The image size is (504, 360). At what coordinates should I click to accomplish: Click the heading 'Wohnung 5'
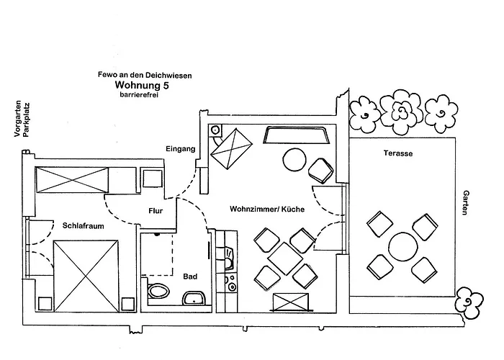(x=142, y=85)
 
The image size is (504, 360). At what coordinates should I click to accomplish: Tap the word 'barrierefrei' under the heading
(x=139, y=95)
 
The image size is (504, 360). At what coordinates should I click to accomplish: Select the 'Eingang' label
(x=180, y=149)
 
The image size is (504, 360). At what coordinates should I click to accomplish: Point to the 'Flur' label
(x=156, y=211)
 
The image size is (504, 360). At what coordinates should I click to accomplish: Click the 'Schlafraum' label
(x=84, y=226)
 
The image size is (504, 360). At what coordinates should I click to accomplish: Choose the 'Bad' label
(x=190, y=276)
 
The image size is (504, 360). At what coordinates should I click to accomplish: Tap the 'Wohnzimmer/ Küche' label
(x=267, y=210)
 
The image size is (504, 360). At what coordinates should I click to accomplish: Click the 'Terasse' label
(x=398, y=153)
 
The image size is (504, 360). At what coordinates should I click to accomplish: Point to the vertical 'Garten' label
(x=465, y=202)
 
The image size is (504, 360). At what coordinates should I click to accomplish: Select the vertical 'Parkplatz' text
(x=27, y=120)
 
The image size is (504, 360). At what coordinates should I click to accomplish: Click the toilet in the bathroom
(x=159, y=291)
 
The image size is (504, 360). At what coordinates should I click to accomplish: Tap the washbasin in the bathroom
(x=194, y=299)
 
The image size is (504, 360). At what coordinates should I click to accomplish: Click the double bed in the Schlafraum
(x=86, y=276)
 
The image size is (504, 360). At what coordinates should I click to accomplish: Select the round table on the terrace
(x=403, y=247)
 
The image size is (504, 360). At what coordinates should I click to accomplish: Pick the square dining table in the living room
(x=285, y=258)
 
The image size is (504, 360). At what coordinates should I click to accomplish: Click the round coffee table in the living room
(x=294, y=160)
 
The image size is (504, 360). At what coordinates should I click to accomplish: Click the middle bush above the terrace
(x=401, y=112)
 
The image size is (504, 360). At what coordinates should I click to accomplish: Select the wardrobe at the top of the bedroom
(x=72, y=180)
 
